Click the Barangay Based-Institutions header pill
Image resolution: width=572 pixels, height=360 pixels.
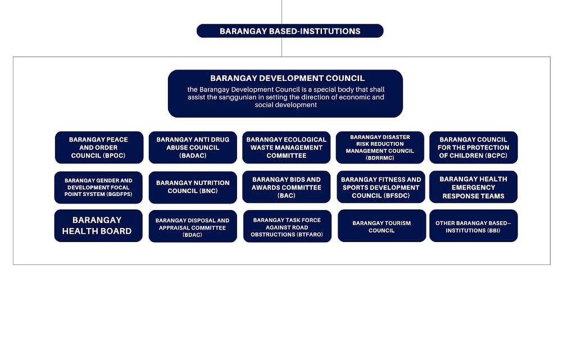pyautogui.click(x=290, y=31)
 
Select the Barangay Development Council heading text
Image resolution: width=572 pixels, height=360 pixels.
pyautogui.click(x=288, y=78)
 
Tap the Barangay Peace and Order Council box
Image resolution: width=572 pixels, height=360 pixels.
pyautogui.click(x=99, y=147)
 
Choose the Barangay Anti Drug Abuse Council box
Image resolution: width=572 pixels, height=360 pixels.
pyautogui.click(x=193, y=147)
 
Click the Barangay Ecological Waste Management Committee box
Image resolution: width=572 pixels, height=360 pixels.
pyautogui.click(x=287, y=147)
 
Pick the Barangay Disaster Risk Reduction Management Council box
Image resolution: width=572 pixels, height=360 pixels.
pyautogui.click(x=380, y=147)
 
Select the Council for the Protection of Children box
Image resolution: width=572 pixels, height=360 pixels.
pyautogui.click(x=474, y=147)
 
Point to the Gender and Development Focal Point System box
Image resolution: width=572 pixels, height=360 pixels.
pyautogui.click(x=98, y=188)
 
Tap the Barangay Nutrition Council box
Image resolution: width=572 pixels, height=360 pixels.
pyautogui.click(x=193, y=188)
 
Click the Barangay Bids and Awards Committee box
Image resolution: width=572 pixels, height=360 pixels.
pyautogui.click(x=287, y=187)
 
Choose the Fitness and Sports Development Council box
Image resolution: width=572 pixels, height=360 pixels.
pyautogui.click(x=381, y=187)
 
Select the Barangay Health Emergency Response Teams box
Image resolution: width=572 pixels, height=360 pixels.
pyautogui.click(x=474, y=187)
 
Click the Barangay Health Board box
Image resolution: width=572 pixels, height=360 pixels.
pyautogui.click(x=98, y=226)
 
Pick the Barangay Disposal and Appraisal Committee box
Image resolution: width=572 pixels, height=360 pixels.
pyautogui.click(x=193, y=226)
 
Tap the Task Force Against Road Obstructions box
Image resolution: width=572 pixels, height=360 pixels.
pyautogui.click(x=288, y=226)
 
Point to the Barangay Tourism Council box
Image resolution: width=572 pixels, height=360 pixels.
pyautogui.click(x=382, y=226)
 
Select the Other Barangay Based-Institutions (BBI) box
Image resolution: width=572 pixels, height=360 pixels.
pyautogui.click(x=474, y=226)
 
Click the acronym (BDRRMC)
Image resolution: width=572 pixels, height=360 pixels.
pyautogui.click(x=380, y=158)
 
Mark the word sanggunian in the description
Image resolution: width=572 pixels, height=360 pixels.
pyautogui.click(x=238, y=97)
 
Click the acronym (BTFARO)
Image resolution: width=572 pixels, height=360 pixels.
pyautogui.click(x=305, y=235)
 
